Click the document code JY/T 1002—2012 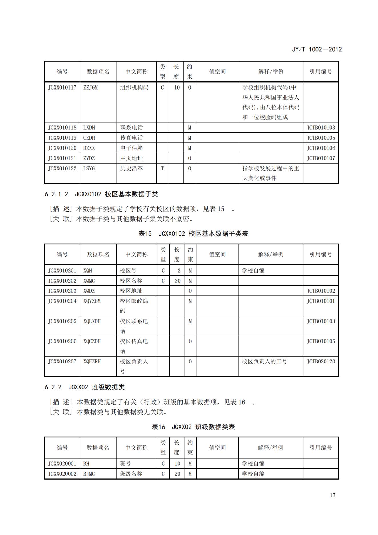(x=317, y=49)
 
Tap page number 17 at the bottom (x=332, y=495)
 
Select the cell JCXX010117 (x=62, y=87)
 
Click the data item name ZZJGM (x=91, y=87)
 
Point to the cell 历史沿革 (x=131, y=168)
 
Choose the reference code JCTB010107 (x=321, y=158)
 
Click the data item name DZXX (x=89, y=148)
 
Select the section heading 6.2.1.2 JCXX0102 (x=101, y=194)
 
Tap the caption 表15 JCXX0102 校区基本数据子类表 (x=193, y=234)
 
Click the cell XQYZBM (x=92, y=301)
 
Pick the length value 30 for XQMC (x=177, y=281)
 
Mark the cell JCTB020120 (x=321, y=361)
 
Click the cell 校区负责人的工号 (x=264, y=361)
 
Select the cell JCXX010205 (x=62, y=321)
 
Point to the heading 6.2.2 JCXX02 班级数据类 (x=85, y=387)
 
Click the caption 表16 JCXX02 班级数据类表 (x=193, y=427)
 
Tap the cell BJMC (x=89, y=474)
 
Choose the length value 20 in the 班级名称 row (x=177, y=474)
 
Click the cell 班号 (x=125, y=464)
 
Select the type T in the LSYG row (x=162, y=168)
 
